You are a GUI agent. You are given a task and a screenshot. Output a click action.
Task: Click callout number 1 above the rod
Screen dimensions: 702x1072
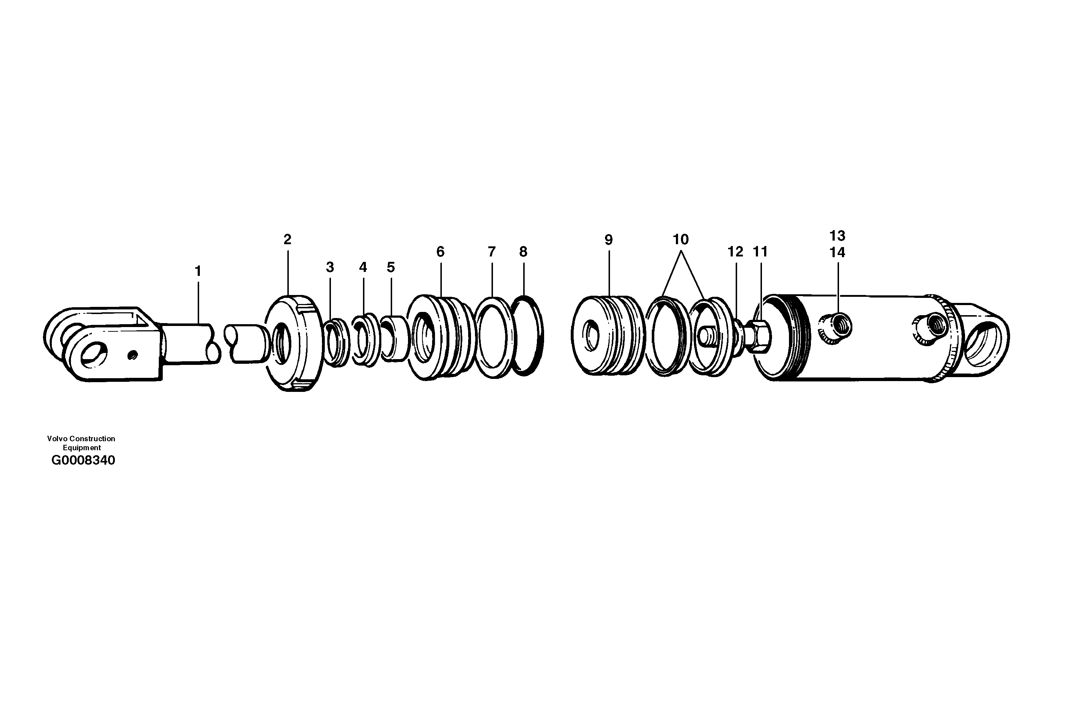[197, 271]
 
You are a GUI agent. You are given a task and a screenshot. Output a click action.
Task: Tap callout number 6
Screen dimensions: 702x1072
[440, 251]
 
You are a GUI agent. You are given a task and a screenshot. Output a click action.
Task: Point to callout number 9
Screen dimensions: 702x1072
[609, 240]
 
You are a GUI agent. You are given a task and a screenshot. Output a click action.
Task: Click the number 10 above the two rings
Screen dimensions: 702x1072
[681, 239]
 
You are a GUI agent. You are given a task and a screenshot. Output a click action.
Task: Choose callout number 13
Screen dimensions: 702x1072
[837, 236]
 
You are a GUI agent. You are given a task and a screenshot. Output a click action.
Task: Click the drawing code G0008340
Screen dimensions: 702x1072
[83, 460]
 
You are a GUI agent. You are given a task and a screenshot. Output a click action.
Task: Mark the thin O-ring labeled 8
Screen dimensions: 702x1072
[526, 336]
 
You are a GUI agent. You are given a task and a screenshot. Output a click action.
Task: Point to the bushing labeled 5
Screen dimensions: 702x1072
[394, 338]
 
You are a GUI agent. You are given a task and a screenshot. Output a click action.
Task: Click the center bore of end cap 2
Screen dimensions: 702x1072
[282, 343]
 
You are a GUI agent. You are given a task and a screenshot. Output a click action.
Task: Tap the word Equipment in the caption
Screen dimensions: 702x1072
[81, 448]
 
